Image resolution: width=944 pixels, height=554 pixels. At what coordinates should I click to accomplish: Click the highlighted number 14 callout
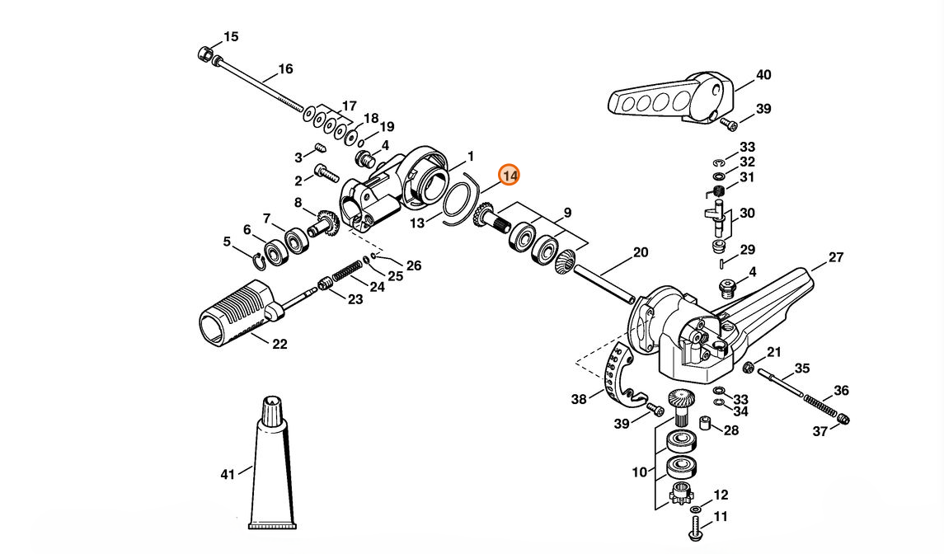510,176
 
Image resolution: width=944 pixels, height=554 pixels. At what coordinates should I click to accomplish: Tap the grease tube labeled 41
273,463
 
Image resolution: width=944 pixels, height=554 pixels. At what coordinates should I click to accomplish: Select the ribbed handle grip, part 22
237,313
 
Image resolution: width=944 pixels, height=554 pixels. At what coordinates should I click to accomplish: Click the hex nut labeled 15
205,54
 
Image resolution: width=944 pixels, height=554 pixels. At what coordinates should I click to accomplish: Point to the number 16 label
285,69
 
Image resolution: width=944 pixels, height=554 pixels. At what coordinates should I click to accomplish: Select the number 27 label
836,257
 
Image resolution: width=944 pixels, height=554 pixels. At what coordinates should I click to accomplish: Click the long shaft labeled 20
604,283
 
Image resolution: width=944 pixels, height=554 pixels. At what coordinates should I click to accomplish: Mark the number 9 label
567,213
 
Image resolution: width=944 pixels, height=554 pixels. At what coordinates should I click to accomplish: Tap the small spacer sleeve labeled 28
705,422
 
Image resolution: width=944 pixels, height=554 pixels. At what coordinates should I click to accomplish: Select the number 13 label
416,223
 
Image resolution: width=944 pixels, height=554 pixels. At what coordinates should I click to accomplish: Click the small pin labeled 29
722,262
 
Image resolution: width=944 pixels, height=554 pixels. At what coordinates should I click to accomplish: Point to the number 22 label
279,344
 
